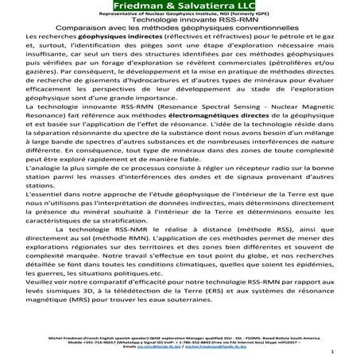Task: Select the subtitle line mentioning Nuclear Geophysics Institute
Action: coord(179,15)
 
